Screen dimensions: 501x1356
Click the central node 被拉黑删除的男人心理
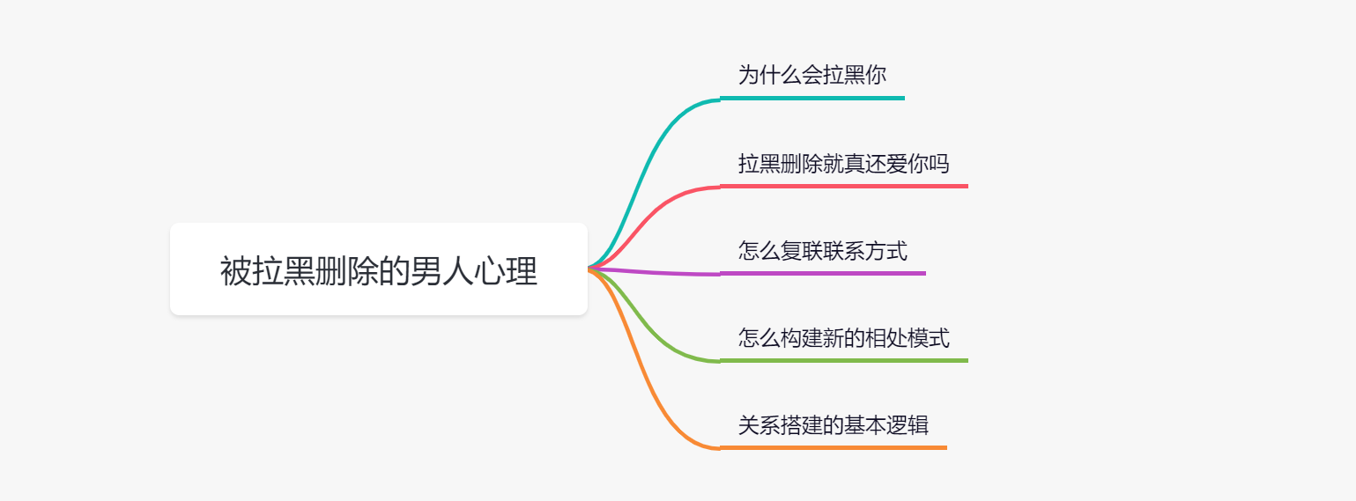point(379,269)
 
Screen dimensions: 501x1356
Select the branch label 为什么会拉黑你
point(811,75)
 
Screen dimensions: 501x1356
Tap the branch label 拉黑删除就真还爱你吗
point(843,163)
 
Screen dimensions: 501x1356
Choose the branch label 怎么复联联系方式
point(822,250)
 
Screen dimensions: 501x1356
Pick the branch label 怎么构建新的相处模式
point(843,337)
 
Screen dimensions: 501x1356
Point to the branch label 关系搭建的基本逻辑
point(833,425)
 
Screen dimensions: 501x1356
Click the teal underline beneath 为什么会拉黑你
point(811,98)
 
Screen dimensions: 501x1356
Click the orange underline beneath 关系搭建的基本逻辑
point(833,447)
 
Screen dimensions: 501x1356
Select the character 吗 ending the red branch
point(939,163)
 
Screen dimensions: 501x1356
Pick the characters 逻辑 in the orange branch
point(908,425)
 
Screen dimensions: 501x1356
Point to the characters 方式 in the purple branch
point(886,250)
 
